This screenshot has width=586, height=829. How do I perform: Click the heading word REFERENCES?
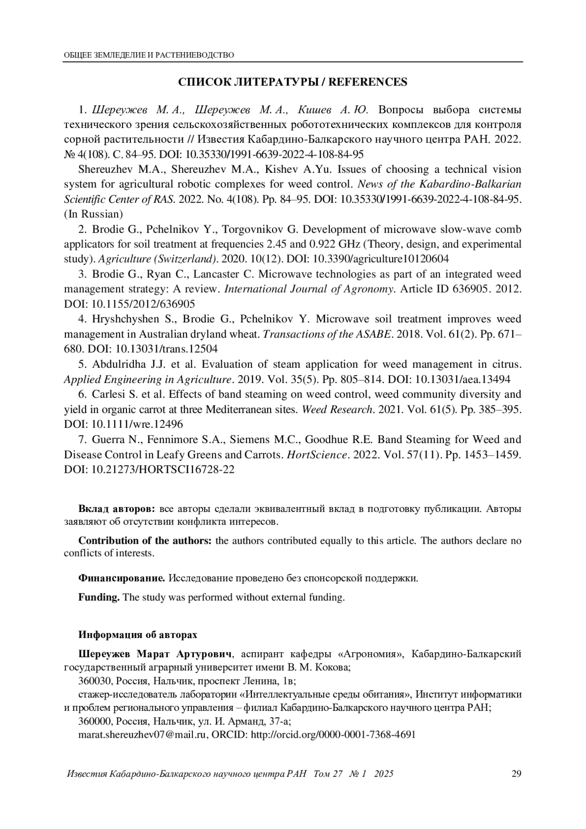(368, 82)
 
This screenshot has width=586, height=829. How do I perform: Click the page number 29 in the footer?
(516, 774)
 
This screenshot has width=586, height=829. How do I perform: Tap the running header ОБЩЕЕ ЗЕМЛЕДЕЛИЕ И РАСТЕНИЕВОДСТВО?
(149, 55)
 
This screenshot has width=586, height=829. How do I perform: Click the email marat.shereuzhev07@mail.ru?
(143, 734)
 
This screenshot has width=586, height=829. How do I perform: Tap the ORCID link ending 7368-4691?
(333, 734)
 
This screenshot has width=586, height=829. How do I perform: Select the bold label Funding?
(99, 597)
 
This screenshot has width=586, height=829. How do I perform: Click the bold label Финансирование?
(122, 578)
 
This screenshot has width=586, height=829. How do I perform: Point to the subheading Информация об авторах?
(138, 635)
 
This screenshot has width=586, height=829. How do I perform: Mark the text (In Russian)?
(93, 214)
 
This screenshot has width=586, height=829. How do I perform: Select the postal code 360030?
(94, 681)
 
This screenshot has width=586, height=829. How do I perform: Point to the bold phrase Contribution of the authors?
(145, 541)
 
